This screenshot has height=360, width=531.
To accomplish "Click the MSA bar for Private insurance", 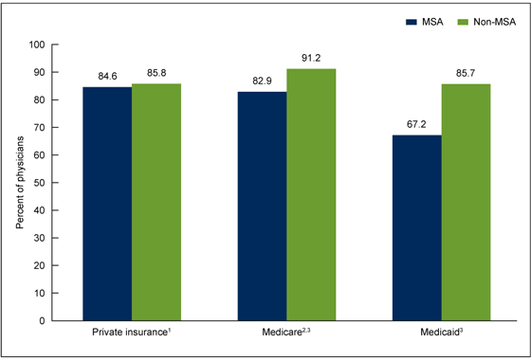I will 107,204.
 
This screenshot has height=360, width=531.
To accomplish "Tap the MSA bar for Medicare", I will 262,206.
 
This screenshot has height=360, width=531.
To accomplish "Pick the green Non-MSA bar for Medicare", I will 311,194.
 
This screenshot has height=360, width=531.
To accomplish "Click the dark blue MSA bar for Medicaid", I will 416,227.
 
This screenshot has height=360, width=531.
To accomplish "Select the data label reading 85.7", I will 466,76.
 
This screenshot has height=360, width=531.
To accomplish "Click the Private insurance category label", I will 131,334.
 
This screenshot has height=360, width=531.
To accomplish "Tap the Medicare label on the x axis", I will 285,334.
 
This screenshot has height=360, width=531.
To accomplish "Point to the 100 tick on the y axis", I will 37,45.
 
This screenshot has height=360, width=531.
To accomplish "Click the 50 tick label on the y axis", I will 40,183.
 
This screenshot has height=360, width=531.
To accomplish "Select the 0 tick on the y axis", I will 43,321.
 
